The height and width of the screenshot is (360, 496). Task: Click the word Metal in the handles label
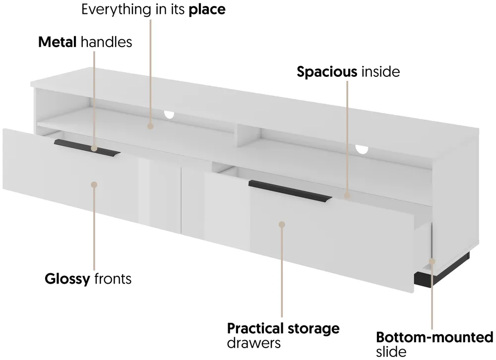[x=57, y=42]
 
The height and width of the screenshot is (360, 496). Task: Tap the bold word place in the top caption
[x=207, y=10]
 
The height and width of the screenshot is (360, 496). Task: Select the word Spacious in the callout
[x=327, y=72]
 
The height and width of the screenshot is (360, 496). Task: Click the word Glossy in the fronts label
[x=67, y=279]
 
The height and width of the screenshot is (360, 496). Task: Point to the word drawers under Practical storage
[x=253, y=343]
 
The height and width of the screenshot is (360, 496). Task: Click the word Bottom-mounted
[x=434, y=337]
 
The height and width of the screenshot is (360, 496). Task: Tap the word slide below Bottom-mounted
[x=391, y=352]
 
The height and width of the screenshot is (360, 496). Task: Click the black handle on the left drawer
[x=87, y=148]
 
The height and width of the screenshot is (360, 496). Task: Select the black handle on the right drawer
[x=290, y=190]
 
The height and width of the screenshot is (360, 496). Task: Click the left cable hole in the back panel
[x=169, y=115]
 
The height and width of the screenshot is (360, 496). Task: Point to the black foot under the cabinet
[x=442, y=271]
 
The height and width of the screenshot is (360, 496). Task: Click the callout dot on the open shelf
[x=151, y=126]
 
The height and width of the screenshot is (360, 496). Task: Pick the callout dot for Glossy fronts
[x=94, y=184]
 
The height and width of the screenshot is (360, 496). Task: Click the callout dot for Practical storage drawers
[x=282, y=224]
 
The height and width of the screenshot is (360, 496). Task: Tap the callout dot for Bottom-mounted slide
[x=432, y=261]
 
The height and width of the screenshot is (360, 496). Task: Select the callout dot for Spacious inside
[x=347, y=196]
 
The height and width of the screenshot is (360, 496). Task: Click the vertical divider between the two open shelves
[x=248, y=136]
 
